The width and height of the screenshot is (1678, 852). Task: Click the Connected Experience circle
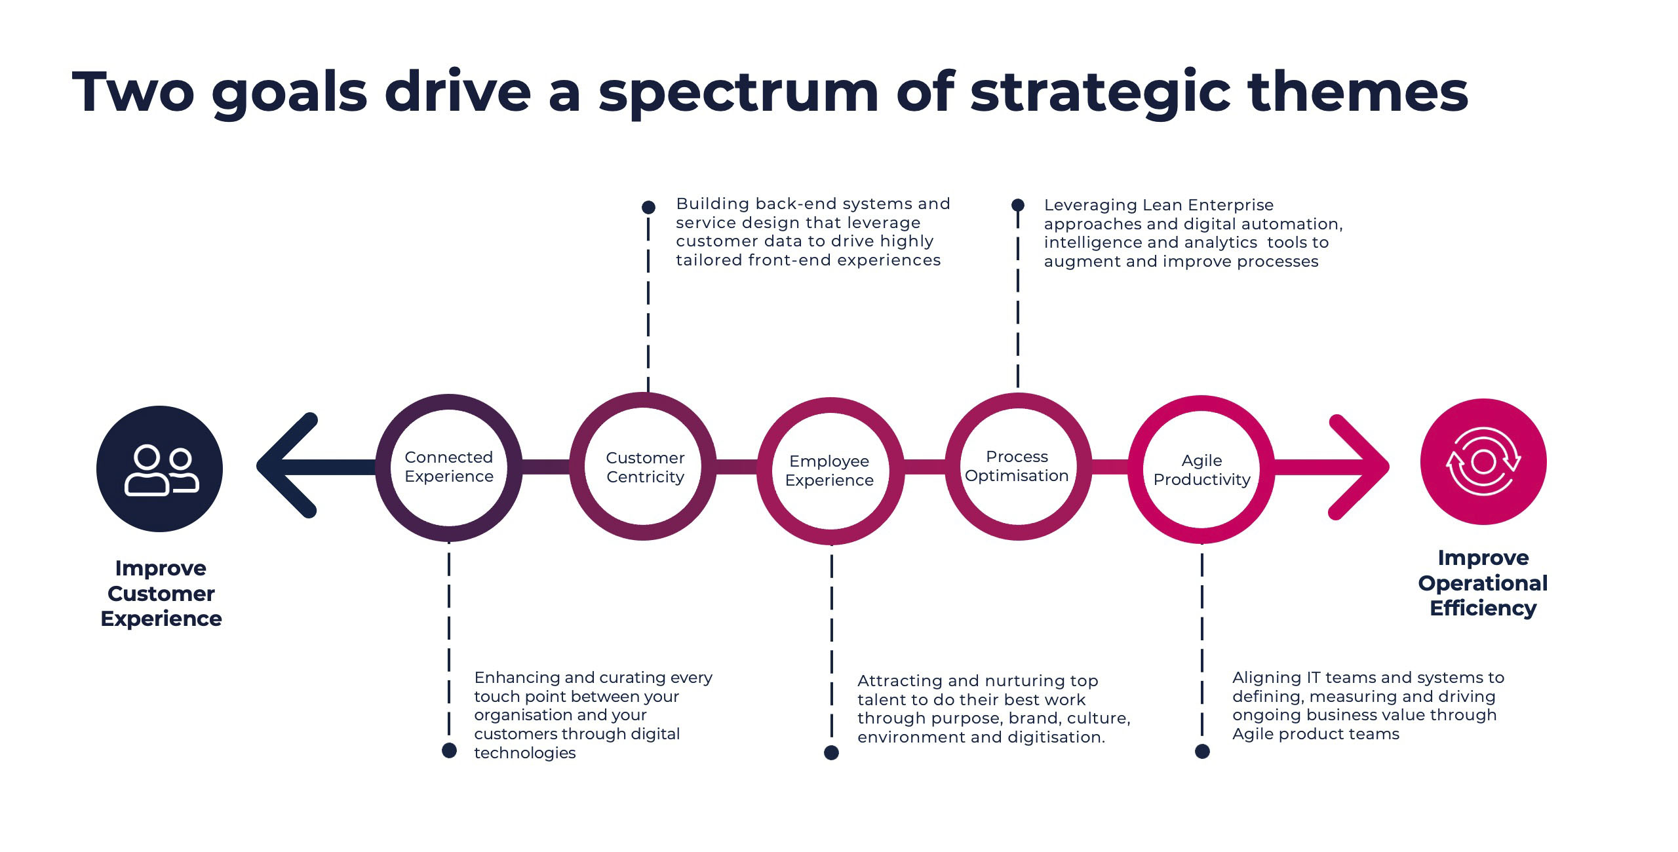449,467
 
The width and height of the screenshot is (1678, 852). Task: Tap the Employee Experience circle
830,471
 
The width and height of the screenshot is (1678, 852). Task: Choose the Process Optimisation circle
1018,466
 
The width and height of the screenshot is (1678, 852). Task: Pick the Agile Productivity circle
1201,469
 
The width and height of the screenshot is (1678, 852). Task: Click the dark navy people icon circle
159,469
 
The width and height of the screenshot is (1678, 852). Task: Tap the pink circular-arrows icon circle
1483,461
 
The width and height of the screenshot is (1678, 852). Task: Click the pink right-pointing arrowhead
1360,467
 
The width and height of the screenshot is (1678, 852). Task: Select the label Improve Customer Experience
161,593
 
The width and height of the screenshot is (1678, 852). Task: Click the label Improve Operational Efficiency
1483,583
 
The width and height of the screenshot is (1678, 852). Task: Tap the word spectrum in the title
737,92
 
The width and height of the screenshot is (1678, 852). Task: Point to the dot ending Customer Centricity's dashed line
648,207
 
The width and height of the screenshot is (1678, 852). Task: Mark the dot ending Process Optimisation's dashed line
1018,204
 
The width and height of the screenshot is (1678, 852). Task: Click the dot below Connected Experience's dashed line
449,750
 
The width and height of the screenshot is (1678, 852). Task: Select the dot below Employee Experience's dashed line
831,752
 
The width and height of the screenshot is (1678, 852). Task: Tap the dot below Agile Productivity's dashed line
1202,751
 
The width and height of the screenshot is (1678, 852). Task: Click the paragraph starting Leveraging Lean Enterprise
1193,233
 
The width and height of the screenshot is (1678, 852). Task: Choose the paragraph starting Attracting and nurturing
993,708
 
